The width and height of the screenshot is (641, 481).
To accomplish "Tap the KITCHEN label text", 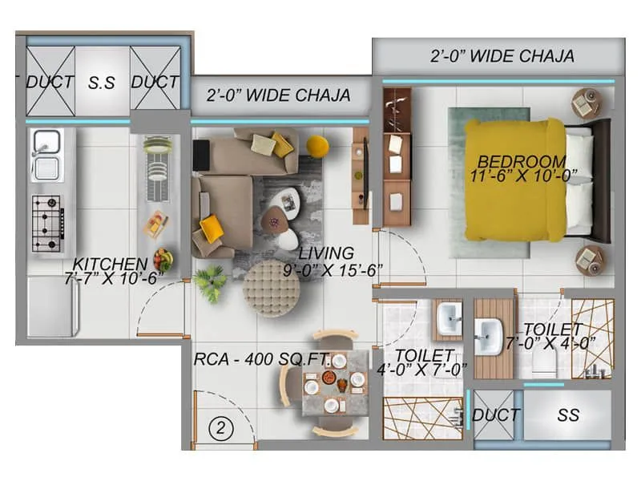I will click(110, 264).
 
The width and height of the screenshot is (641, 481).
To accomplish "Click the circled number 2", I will click(222, 428).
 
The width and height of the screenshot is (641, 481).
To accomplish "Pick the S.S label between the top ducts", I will click(102, 82).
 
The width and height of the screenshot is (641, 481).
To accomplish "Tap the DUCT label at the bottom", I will click(496, 414).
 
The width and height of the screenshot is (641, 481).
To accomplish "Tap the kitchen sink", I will click(46, 156).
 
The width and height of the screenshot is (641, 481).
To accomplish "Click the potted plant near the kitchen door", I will click(210, 283).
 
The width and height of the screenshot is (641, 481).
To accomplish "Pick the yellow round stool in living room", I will click(317, 146).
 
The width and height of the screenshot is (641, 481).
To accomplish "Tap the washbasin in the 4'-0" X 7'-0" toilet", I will click(448, 320).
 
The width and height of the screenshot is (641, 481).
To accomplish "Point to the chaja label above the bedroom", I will click(502, 55).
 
